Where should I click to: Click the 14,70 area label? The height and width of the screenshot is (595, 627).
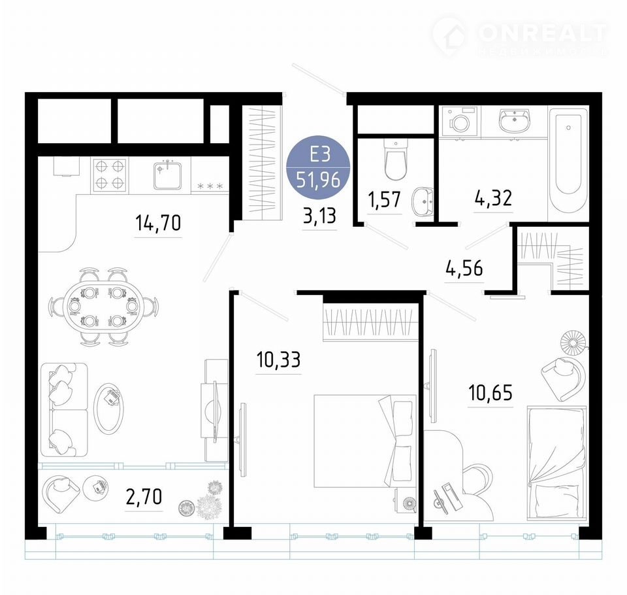click(158, 222)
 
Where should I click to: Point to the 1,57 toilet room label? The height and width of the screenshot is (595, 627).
click(385, 199)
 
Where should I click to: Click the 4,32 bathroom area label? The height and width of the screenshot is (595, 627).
click(494, 198)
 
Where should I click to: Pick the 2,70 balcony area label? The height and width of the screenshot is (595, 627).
click(144, 497)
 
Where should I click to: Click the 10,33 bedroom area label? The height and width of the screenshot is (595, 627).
click(278, 360)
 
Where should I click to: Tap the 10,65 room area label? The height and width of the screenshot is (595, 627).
click(490, 392)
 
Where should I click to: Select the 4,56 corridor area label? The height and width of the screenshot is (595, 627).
click(464, 268)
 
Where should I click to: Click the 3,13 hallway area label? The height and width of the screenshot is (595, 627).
click(319, 216)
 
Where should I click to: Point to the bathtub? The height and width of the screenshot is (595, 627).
click(568, 162)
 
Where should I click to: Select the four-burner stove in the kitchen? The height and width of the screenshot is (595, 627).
click(109, 175)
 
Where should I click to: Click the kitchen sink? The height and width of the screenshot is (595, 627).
click(167, 175)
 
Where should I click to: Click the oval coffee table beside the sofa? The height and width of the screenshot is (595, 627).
click(109, 408)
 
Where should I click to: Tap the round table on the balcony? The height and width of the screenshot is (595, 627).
click(96, 487)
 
